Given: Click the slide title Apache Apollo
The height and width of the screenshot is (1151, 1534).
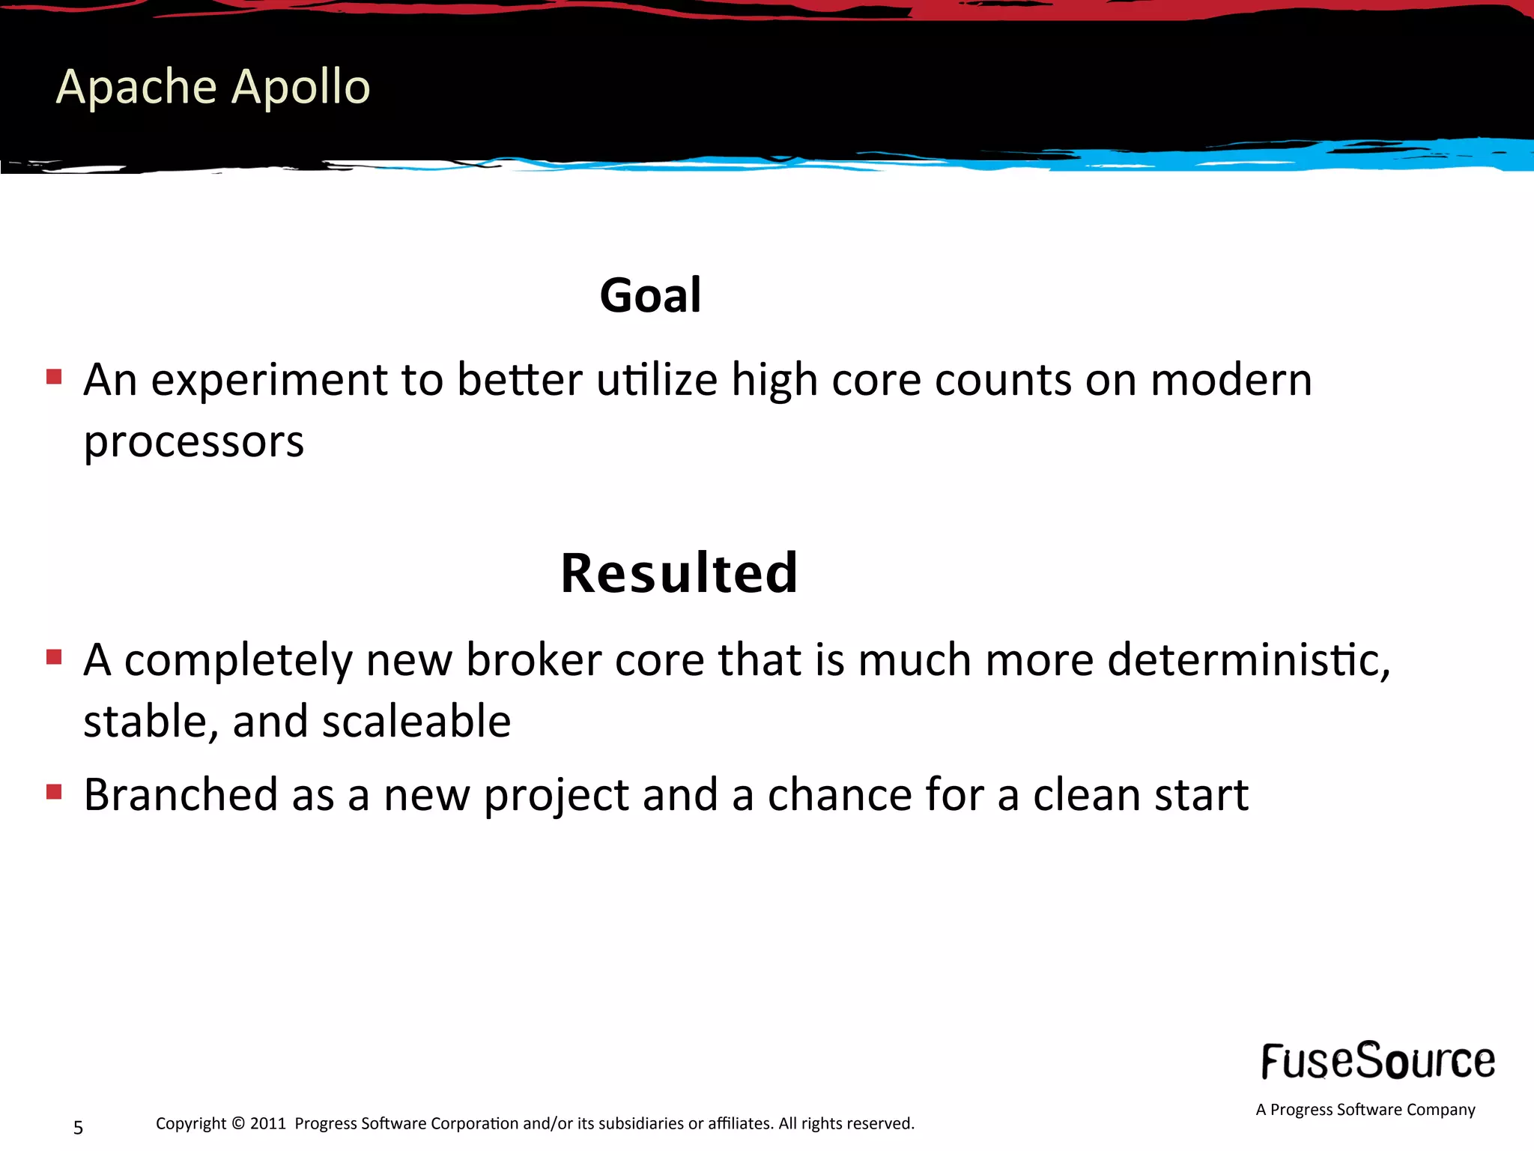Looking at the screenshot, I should tap(213, 87).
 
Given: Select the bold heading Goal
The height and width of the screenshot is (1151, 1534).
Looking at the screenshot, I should tap(650, 295).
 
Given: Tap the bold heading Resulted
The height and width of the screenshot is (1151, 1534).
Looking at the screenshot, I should tap(679, 573).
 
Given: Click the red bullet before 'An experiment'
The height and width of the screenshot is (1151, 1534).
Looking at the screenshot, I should tap(54, 376).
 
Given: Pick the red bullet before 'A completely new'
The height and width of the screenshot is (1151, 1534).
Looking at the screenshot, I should tap(54, 657).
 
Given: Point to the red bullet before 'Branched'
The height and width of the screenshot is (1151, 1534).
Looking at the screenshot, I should tap(54, 791).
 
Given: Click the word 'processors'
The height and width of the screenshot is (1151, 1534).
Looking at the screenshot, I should tap(194, 442).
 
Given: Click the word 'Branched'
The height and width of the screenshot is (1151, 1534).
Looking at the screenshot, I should tap(181, 794).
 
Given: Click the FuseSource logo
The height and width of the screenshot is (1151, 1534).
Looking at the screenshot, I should tap(1377, 1061).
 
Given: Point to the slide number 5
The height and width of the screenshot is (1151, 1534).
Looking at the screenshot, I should tap(78, 1128).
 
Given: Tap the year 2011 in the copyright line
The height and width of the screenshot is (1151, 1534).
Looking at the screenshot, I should tap(268, 1123).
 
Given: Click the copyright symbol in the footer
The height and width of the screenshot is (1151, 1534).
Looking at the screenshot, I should tap(238, 1123).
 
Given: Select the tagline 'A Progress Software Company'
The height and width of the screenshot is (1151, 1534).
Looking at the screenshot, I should tap(1365, 1110).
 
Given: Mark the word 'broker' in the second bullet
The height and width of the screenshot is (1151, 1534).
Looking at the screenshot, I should tap(533, 660).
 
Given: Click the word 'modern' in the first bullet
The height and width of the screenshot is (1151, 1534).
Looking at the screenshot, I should tap(1231, 380).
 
